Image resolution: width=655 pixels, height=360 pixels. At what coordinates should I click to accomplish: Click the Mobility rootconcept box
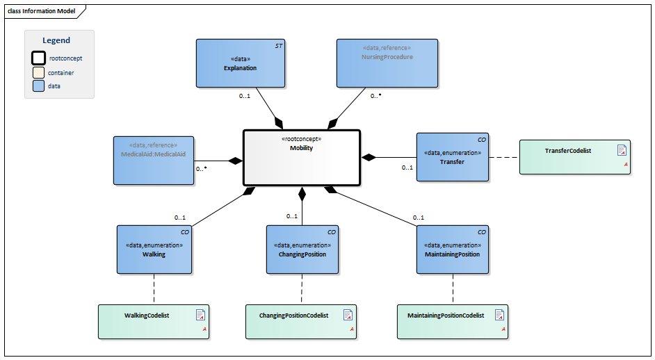point(301,158)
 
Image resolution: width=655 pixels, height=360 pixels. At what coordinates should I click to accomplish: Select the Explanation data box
point(240,63)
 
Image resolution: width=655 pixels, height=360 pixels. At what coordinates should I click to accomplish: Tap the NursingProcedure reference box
point(387,63)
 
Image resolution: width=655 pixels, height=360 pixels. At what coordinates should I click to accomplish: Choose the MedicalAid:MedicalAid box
point(153,160)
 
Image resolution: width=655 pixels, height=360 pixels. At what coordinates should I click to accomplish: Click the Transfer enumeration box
point(452,157)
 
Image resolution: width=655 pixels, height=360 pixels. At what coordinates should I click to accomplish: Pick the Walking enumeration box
point(154,249)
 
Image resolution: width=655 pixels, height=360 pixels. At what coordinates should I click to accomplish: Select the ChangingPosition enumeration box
point(302,249)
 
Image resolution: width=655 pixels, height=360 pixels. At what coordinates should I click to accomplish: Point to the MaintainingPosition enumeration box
point(453,249)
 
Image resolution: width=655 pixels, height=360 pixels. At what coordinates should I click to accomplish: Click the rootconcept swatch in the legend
point(39,58)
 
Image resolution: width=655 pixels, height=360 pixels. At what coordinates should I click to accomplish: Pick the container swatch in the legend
point(39,72)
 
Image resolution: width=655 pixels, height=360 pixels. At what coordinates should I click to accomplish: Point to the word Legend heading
point(56,40)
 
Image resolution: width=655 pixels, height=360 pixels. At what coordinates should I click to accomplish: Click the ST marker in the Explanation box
point(278,45)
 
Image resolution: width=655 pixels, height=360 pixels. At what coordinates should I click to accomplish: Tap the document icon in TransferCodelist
point(622,150)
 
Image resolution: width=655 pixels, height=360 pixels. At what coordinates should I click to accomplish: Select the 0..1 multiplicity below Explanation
point(245,96)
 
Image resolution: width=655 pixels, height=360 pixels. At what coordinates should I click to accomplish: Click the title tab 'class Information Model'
point(42,10)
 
